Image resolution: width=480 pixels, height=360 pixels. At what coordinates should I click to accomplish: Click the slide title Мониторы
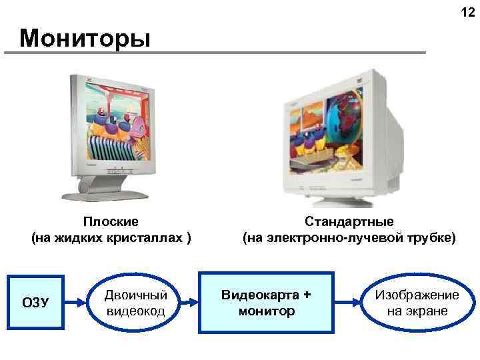[85, 38]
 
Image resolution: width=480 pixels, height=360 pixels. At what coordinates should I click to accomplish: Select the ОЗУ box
[35, 303]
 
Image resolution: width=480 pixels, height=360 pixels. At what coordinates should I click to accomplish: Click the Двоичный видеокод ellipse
[136, 303]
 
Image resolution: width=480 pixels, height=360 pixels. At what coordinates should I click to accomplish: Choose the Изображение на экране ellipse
[416, 303]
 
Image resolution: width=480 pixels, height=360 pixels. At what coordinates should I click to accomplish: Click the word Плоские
[111, 221]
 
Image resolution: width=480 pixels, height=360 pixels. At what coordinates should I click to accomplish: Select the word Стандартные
[349, 221]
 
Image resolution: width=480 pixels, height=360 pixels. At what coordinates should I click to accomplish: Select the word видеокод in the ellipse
[136, 311]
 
